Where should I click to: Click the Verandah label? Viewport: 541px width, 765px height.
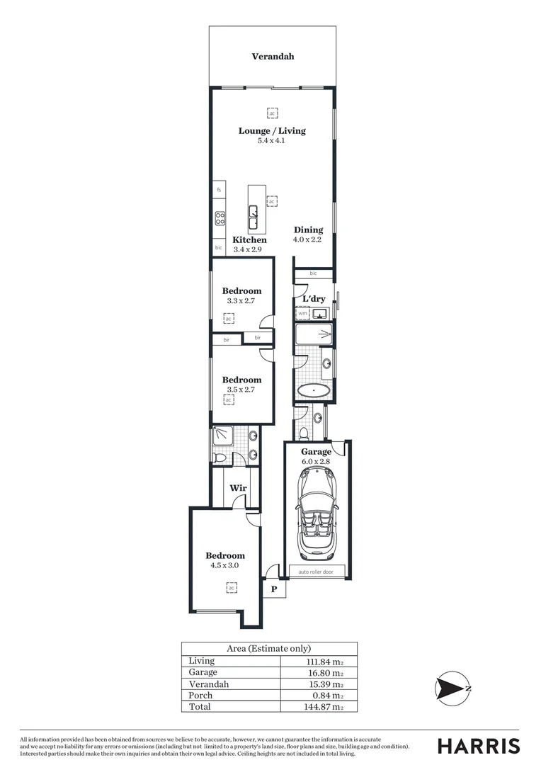(x=273, y=57)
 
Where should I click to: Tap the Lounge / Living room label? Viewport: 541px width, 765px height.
(x=272, y=131)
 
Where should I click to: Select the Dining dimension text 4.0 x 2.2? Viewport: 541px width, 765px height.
(x=308, y=239)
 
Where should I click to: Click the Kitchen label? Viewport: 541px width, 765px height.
(x=249, y=240)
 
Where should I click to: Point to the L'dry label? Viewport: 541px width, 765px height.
(x=314, y=299)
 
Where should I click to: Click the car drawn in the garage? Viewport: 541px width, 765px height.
(x=316, y=513)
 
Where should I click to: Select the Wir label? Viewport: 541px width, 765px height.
(x=237, y=488)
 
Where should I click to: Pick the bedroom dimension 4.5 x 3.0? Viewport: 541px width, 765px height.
(x=225, y=565)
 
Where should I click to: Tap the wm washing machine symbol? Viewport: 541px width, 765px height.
(x=302, y=313)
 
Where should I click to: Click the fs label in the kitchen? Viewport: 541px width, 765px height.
(x=220, y=190)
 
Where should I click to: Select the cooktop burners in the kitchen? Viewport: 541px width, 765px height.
(x=220, y=218)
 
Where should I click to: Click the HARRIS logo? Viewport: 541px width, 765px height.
(x=478, y=745)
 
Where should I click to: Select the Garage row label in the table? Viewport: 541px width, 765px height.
(x=203, y=672)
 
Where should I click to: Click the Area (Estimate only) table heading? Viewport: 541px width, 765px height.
(x=269, y=648)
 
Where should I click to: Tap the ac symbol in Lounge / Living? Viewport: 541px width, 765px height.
(x=272, y=113)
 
